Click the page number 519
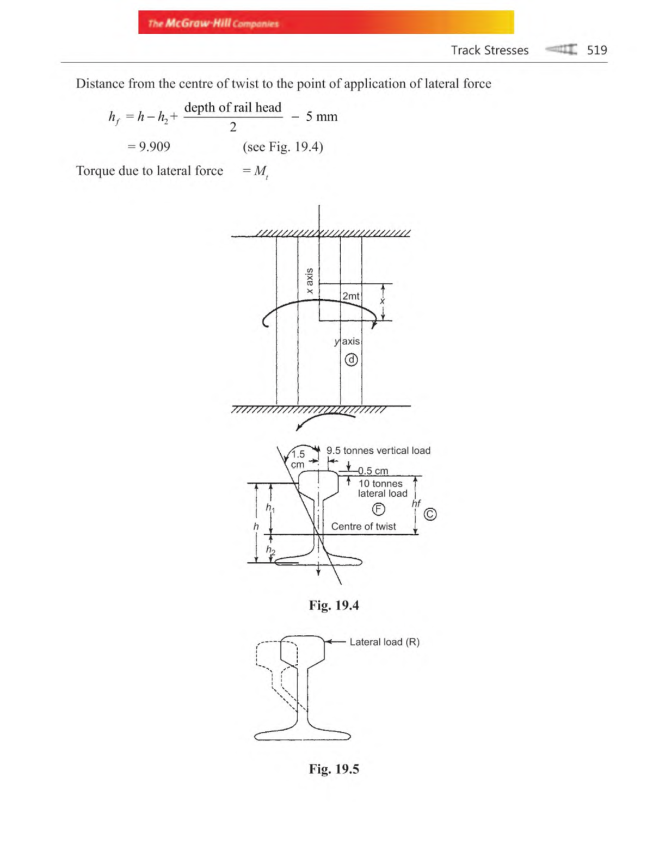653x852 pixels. tap(596, 50)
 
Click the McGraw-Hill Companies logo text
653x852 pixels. tap(213, 23)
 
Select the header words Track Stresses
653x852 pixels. tap(489, 50)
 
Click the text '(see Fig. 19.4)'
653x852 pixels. tap(283, 147)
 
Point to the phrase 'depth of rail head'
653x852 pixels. tap(233, 107)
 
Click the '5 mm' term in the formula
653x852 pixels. tap(321, 116)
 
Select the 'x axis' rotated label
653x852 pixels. tap(310, 281)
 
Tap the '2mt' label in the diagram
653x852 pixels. tap(350, 296)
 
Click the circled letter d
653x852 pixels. tap(352, 360)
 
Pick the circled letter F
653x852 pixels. tap(378, 509)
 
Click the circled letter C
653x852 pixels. tap(430, 514)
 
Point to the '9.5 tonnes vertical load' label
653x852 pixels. tap(378, 450)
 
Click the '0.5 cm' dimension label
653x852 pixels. tap(373, 471)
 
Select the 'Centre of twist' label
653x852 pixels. tap(364, 526)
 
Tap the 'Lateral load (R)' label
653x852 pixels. tap(384, 642)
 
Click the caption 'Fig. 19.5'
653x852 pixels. tap(334, 769)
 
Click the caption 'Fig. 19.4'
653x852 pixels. tap(334, 605)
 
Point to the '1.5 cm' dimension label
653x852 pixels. tap(298, 459)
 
